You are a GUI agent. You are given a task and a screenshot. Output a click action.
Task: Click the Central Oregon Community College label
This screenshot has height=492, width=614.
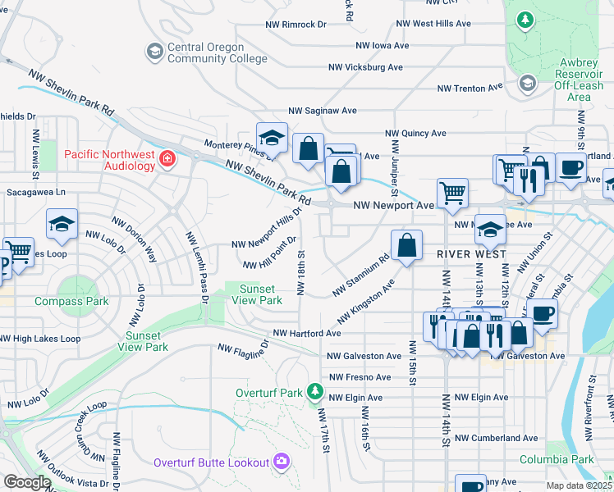(217, 53)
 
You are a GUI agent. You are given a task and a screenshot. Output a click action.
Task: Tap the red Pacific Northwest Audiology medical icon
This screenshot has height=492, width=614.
(168, 158)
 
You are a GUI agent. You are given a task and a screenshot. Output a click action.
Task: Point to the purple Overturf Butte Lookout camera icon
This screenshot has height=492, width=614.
(282, 462)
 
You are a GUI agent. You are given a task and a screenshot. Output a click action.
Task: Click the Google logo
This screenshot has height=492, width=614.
(27, 482)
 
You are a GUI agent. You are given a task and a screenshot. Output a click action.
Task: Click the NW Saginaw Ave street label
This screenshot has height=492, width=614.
(322, 110)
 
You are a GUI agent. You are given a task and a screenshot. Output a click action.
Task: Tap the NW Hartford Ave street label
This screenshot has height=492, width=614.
(307, 334)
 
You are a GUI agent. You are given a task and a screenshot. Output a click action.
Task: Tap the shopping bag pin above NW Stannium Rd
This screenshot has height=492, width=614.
(406, 245)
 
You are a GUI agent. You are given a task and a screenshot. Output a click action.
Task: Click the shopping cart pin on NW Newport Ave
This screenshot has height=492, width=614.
(452, 194)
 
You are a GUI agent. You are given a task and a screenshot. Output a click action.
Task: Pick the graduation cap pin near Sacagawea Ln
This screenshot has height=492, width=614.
(62, 224)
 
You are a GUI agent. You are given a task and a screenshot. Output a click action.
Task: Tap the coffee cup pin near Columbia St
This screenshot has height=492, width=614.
(541, 313)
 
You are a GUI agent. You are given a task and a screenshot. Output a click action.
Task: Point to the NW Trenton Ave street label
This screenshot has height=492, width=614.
(470, 88)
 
